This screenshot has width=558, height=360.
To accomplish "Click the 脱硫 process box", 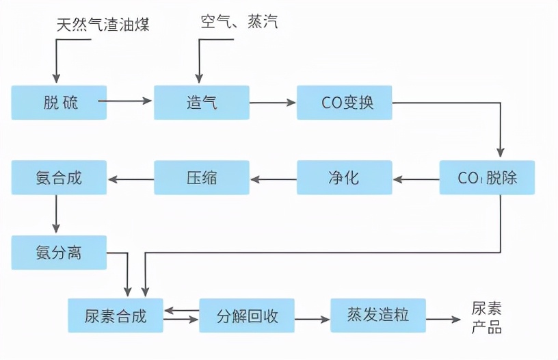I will pos(59,103).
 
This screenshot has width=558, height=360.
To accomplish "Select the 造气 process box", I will pos(201,103).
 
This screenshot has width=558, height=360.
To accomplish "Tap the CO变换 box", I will pos(344,103).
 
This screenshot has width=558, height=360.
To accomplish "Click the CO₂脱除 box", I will pos(487,178).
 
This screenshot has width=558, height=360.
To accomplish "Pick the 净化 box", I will pos(344,178).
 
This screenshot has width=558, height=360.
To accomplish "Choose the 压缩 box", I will pos(201,178).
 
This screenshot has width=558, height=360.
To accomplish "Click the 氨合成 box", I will pos(59,178).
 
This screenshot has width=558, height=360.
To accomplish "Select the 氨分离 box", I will pos(59,253).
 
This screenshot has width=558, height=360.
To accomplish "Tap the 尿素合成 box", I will pos(116,316).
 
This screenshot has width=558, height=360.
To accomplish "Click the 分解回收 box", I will pos(247,316).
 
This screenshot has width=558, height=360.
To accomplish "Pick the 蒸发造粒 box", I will pos(378,316).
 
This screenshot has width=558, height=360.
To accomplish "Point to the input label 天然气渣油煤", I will pos(103,25).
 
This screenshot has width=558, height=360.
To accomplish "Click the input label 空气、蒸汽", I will pos(239,23).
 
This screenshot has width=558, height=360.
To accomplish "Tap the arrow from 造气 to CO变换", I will pos(272,103).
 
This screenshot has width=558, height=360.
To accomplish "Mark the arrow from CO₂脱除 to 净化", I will pos(416,179).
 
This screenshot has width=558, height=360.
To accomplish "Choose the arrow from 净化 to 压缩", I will pos(273,179).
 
